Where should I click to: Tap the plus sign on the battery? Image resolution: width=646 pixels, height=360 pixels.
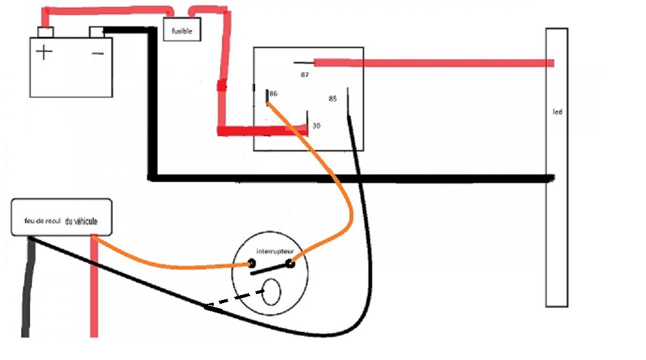click(x=44, y=52)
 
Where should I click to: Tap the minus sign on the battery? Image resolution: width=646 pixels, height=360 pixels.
click(x=98, y=54)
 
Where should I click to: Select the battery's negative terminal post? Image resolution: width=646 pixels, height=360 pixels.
click(x=97, y=31)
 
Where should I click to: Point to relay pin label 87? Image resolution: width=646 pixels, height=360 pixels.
click(x=305, y=74)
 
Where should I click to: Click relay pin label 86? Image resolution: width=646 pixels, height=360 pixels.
click(x=273, y=93)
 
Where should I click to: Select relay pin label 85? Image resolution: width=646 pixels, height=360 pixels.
click(x=332, y=98)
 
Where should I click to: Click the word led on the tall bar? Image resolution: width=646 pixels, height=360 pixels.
click(x=557, y=112)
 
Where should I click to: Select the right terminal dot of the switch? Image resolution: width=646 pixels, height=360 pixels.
click(x=290, y=264)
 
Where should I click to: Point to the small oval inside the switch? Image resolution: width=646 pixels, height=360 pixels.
click(x=271, y=292)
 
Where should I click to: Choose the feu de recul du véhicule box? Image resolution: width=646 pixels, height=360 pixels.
click(x=62, y=217)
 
